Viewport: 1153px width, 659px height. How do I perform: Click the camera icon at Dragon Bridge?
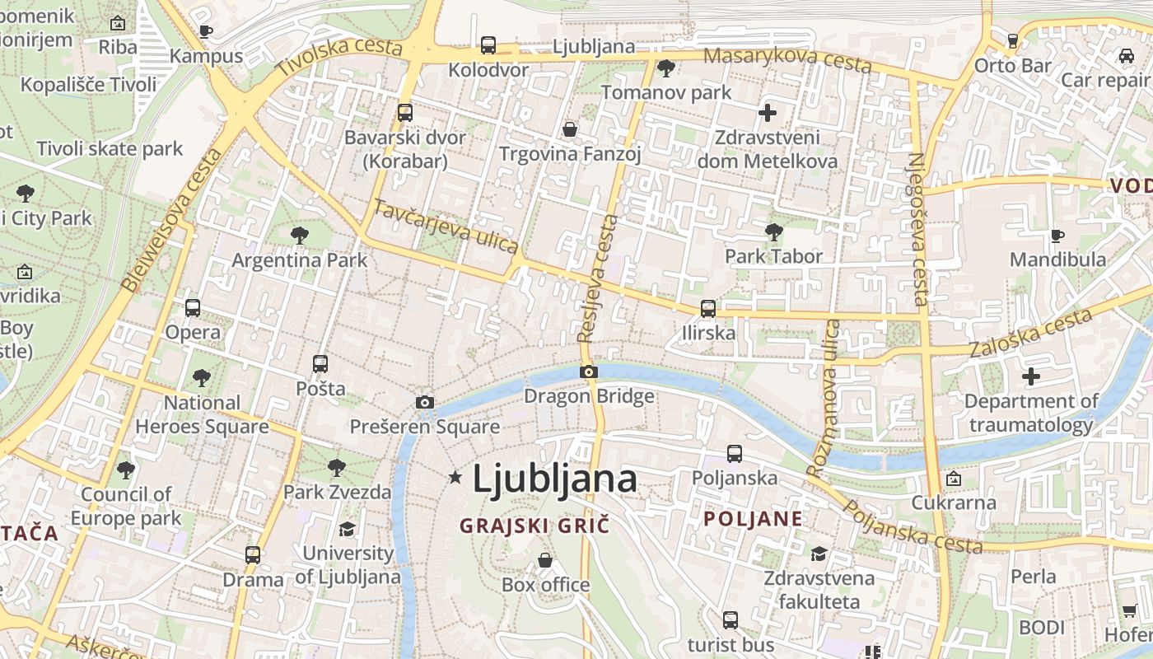[x=588, y=372]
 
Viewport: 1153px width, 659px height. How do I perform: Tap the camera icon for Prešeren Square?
[x=425, y=402]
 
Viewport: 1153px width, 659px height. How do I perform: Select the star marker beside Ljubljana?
[x=455, y=477]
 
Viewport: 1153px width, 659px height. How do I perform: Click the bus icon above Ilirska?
[x=708, y=309]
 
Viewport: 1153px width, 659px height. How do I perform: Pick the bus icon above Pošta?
[x=320, y=363]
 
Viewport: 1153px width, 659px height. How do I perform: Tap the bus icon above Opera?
[x=193, y=307]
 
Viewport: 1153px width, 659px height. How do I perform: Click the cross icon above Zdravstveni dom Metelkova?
[x=768, y=113]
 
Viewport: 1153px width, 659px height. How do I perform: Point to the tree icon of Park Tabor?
[x=773, y=231]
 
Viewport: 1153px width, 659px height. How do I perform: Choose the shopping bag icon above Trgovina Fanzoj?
[x=569, y=129]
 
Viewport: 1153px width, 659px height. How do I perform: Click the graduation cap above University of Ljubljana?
[x=347, y=529]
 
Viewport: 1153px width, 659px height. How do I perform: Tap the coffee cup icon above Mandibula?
[x=1057, y=236]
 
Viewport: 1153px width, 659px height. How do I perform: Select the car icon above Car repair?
[x=1126, y=56]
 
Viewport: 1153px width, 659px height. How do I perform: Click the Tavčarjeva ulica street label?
[x=446, y=227]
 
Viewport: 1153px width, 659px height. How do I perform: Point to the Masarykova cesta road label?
[x=788, y=58]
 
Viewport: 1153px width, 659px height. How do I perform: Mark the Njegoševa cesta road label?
[x=918, y=229]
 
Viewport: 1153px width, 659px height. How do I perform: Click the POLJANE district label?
[x=754, y=519]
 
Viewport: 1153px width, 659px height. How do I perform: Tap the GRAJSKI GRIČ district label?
[x=534, y=525]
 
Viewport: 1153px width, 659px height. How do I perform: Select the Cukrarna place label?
[x=954, y=502]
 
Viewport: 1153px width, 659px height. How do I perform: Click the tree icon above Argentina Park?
[x=300, y=236]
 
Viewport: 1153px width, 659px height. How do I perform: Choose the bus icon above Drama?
[x=253, y=554]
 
